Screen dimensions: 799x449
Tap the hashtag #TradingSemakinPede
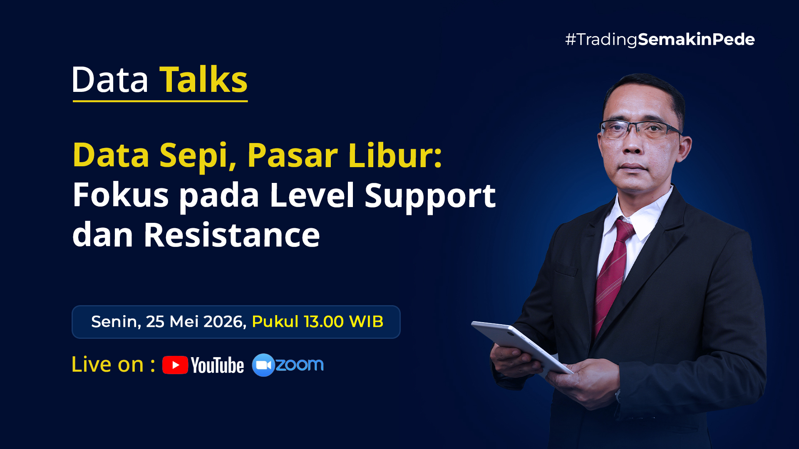(660, 39)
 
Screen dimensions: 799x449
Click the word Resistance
(232, 235)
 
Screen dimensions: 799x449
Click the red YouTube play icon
(175, 365)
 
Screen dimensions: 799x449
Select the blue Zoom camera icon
(263, 365)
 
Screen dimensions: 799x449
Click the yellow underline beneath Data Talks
(160, 101)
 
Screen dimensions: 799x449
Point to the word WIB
(366, 322)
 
